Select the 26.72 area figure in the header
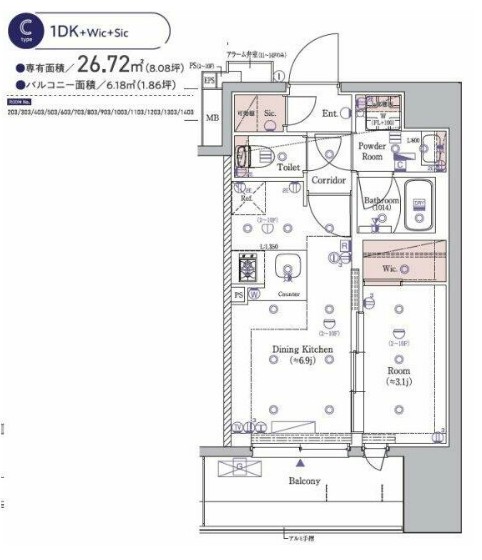pyautogui.click(x=104, y=66)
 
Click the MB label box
pyautogui.click(x=211, y=118)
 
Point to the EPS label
pyautogui.click(x=209, y=79)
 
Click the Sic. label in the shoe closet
pyautogui.click(x=271, y=115)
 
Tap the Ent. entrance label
pyautogui.click(x=328, y=114)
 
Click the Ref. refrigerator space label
pyautogui.click(x=244, y=198)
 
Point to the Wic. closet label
pyautogui.click(x=390, y=268)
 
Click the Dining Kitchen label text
pyautogui.click(x=302, y=350)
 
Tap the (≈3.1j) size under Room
pyautogui.click(x=398, y=380)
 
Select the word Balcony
pyautogui.click(x=305, y=481)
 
